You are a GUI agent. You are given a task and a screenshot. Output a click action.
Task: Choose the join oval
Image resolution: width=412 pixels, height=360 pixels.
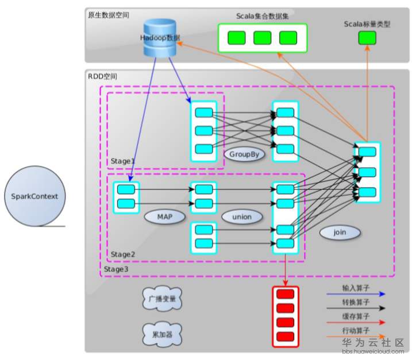340,232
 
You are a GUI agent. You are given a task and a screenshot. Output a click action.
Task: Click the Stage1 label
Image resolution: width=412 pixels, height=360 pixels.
122,161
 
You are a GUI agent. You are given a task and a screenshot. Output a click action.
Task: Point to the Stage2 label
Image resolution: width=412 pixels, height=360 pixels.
122,254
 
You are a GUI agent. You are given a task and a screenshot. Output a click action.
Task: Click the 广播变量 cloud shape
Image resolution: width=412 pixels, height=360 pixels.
161,300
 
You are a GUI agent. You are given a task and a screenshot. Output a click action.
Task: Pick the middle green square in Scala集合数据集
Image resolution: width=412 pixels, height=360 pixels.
262,38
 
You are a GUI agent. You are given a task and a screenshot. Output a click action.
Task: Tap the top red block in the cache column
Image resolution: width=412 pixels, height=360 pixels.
286,294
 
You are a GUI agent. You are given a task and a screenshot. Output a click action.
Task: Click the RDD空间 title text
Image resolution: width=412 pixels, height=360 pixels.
102,76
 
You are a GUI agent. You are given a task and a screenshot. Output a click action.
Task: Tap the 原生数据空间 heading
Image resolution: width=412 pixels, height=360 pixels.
109,14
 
